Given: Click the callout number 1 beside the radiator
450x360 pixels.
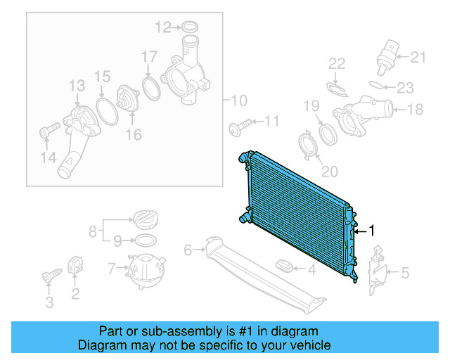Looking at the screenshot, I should [372, 231].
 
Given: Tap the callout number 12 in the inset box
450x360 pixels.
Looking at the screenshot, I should [162, 27].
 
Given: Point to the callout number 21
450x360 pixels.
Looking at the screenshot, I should [418, 57].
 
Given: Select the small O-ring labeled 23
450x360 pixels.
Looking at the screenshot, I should [378, 87].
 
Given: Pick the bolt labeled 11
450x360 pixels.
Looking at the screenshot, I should [236, 127].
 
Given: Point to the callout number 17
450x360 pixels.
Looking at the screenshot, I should [149, 56].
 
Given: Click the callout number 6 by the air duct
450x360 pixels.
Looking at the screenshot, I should [188, 249].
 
